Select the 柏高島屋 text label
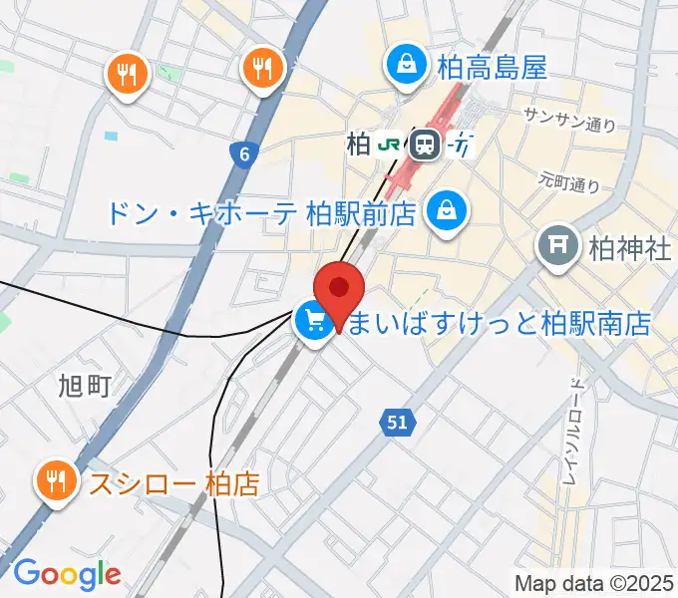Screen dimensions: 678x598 [492, 68]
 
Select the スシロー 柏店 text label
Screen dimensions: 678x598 [174, 484]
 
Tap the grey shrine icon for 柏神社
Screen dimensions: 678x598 [556, 246]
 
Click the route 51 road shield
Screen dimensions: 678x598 [397, 423]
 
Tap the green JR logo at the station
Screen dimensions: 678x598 [389, 146]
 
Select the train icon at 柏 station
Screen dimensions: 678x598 [426, 146]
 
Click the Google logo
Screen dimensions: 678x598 [67, 573]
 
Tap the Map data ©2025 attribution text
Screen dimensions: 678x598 [594, 582]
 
